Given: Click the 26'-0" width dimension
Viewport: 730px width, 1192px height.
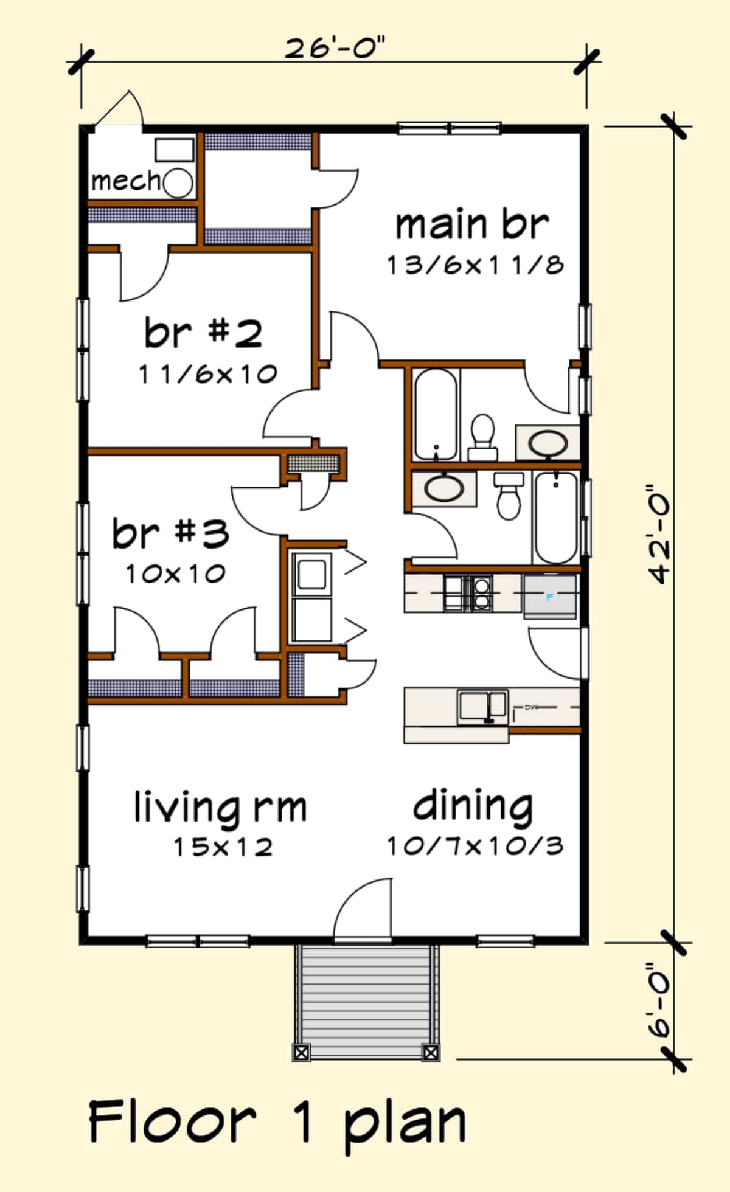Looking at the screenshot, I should point(335,48).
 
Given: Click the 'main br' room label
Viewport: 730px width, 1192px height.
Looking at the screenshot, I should point(471,224).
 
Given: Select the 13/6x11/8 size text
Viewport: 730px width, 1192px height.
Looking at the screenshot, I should point(475,265).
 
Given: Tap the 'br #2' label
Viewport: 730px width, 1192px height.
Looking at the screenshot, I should point(203,333).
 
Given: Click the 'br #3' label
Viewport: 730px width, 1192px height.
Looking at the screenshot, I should point(170,533).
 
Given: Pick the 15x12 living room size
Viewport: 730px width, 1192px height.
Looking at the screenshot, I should point(223,847).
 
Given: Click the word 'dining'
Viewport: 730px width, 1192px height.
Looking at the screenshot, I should point(473,806).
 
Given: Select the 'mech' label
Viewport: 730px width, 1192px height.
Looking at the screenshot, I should point(125,181).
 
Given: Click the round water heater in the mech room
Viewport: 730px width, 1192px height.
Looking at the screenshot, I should point(178,182).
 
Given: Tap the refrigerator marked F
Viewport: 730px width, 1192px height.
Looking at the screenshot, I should point(550,597).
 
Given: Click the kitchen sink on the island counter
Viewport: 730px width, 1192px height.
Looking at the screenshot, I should point(482,706).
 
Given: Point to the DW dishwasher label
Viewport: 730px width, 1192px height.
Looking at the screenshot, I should point(531,707).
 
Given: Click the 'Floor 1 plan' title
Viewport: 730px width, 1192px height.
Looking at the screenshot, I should point(277,1121).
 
